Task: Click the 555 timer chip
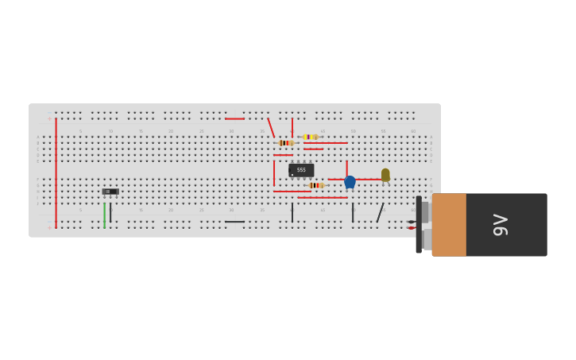tap(301, 170)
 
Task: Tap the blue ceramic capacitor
tap(350, 182)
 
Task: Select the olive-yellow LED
tap(385, 175)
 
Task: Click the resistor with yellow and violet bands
tap(310, 137)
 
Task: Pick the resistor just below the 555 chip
tap(315, 185)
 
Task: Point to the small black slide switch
tap(110, 192)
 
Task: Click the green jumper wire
tap(104, 215)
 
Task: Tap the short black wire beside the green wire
tap(110, 213)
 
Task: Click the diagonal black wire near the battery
tap(380, 213)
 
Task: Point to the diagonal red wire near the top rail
tap(271, 128)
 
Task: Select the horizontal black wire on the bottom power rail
tap(234, 222)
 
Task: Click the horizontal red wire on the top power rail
tap(234, 118)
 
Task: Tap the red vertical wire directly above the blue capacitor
tap(346, 167)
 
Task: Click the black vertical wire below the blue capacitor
tap(353, 212)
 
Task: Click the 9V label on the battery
tap(500, 225)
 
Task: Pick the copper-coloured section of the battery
tap(449, 225)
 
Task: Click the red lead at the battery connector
tap(411, 228)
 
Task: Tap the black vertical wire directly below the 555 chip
tap(292, 212)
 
